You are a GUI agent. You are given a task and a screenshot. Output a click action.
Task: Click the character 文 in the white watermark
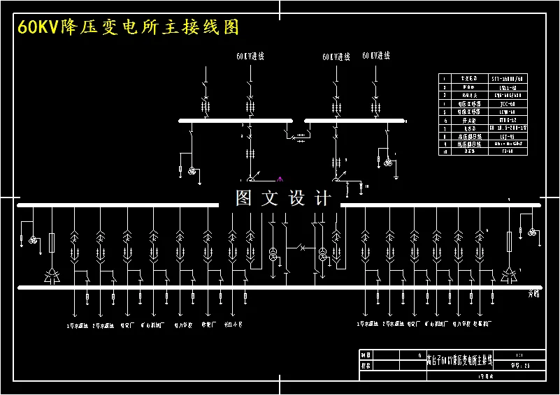[270, 198]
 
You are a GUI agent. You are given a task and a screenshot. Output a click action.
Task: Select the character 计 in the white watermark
[324, 198]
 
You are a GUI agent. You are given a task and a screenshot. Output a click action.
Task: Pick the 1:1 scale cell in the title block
[518, 355]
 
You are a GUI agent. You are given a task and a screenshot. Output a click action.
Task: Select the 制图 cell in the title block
[365, 355]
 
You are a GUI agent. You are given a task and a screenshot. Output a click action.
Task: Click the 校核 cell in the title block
[365, 365]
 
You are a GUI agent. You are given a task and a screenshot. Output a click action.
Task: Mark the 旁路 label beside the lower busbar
[533, 295]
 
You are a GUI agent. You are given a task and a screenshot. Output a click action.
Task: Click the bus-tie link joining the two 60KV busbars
[299, 133]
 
